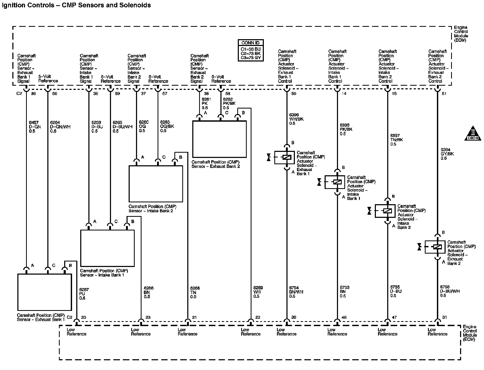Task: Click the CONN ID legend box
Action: point(250,50)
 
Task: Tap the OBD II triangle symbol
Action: point(473,133)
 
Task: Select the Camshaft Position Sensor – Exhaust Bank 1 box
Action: point(44,292)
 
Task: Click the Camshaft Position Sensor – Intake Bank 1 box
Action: point(107,248)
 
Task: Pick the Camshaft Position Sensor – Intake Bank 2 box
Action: point(156,184)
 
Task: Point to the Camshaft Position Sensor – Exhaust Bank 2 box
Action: point(219,139)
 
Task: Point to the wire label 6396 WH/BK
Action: point(296,119)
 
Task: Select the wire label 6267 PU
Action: point(84,294)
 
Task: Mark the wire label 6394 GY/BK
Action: point(447,154)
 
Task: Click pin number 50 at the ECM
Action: point(294,94)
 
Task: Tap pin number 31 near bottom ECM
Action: point(445,317)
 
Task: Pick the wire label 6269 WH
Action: point(258,292)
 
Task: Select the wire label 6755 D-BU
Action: point(396,291)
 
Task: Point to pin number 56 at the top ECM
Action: point(54,94)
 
